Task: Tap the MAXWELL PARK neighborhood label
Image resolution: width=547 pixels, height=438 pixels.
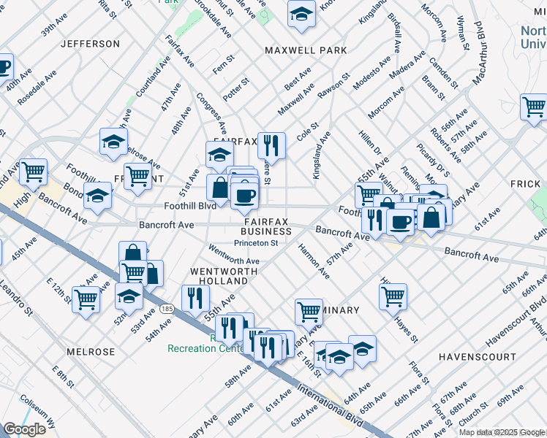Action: (306, 50)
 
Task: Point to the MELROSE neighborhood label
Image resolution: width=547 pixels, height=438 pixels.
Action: (91, 352)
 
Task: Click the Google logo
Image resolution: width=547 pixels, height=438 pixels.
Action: (24, 429)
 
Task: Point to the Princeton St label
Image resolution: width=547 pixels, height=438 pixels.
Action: (256, 243)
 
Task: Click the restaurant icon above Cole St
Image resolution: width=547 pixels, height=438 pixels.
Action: (271, 145)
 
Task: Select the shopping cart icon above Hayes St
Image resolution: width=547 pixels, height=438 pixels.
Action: (393, 296)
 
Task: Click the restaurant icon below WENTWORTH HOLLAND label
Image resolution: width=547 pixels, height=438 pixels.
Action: (195, 297)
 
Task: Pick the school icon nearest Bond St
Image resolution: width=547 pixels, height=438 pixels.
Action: (97, 195)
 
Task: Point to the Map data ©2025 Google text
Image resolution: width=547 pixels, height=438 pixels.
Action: (502, 432)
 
